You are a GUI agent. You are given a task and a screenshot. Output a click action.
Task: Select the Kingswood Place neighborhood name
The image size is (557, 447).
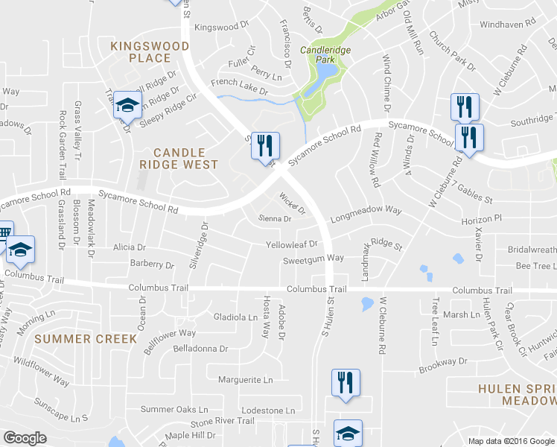pos(150,51)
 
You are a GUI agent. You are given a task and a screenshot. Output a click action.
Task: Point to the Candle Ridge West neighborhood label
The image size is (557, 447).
pos(179,158)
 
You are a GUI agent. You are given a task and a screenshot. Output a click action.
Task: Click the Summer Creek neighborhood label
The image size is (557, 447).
pos(86,339)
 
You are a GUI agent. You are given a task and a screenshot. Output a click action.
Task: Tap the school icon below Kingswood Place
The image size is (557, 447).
pos(127,106)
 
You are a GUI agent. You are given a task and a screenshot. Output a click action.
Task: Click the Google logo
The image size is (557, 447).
pos(25,438)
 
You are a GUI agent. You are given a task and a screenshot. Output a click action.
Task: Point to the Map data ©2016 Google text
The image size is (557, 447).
pos(512,441)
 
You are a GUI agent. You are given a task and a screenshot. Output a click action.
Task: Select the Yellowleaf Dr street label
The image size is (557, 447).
pos(292,244)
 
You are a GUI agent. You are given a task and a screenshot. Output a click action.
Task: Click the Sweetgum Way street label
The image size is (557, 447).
pos(313,259)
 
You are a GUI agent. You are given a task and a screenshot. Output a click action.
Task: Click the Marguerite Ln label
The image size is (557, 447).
pos(245,380)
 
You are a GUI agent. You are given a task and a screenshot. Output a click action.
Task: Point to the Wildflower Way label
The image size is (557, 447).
pos(41,372)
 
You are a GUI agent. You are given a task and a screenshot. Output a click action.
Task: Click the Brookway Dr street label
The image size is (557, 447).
pos(442,362)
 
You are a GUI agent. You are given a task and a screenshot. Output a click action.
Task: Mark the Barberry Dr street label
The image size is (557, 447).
pos(151,264)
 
